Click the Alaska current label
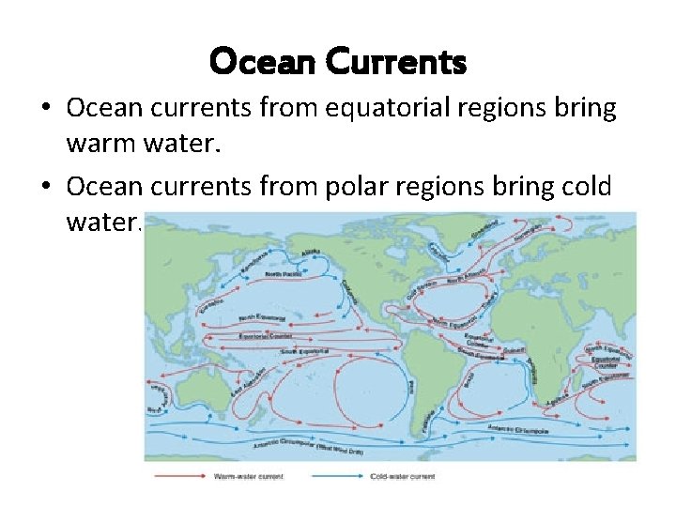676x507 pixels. point(308,252)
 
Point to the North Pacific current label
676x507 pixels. point(282,273)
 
